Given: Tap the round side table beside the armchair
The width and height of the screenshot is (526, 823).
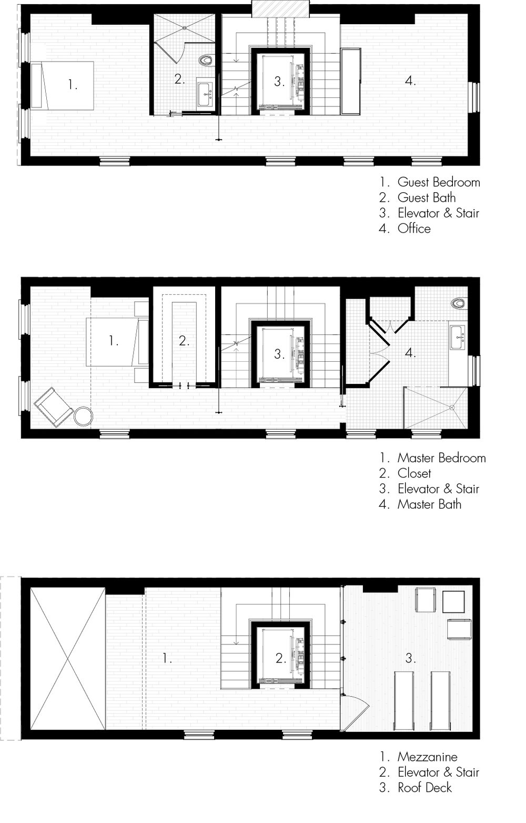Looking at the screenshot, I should click(x=83, y=416).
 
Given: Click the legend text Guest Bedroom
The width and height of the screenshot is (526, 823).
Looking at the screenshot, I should click(x=438, y=182).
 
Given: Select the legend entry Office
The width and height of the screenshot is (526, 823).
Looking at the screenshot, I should click(x=414, y=229).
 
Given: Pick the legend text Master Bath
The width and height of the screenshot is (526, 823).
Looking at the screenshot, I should click(x=429, y=504).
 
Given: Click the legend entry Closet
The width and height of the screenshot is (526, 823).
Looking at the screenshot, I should click(x=414, y=473).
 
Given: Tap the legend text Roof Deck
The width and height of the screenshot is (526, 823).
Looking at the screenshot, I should click(x=424, y=788).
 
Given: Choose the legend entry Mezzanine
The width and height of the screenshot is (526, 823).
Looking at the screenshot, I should click(x=427, y=757).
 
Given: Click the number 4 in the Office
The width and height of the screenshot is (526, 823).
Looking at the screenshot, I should click(x=411, y=81).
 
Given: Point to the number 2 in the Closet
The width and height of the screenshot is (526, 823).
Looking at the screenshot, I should click(x=184, y=341).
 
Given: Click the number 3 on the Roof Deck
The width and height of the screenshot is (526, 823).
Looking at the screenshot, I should click(x=411, y=658).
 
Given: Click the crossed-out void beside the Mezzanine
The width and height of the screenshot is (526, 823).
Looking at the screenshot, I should click(x=67, y=658).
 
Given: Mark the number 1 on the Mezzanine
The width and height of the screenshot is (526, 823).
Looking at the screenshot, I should click(x=167, y=658).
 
